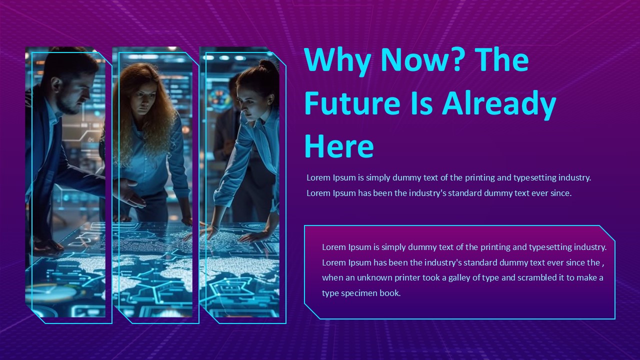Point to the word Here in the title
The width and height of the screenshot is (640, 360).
(x=339, y=146)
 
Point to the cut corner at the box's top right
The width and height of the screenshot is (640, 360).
(x=607, y=233)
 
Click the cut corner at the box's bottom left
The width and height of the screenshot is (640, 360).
(x=312, y=311)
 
